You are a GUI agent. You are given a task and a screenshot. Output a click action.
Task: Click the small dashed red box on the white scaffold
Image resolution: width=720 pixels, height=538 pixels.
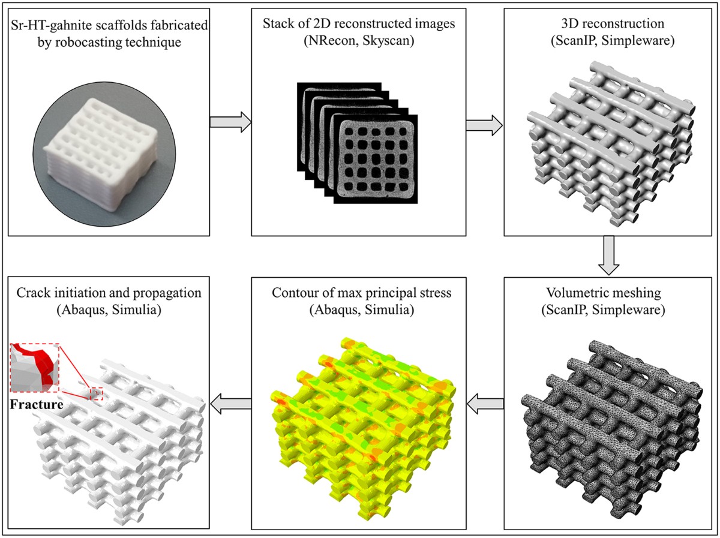coord(96,394)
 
